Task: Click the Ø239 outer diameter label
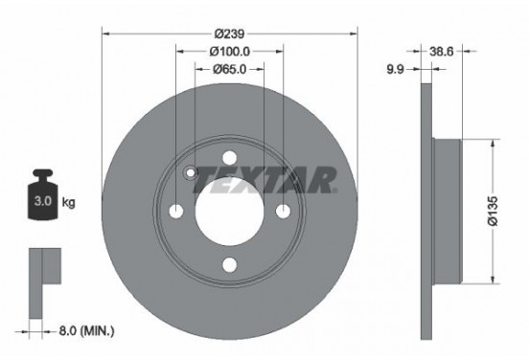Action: click(229, 34)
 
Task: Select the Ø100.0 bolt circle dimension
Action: click(229, 52)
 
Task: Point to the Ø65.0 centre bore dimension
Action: click(229, 70)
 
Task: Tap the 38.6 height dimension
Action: click(441, 52)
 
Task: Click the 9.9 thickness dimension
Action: click(395, 70)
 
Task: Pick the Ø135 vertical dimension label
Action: click(493, 211)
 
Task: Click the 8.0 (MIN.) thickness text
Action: click(86, 331)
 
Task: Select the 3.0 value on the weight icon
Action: click(43, 201)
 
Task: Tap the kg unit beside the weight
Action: click(68, 202)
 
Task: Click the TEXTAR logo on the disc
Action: click(264, 180)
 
